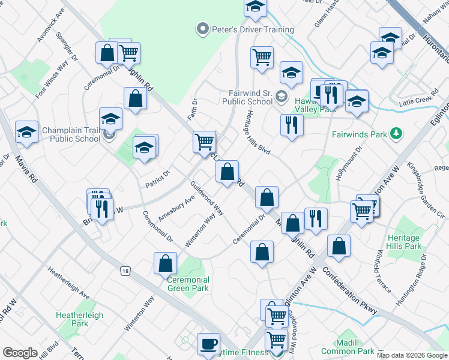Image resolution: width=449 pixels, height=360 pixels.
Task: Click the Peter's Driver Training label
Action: pos(252,29)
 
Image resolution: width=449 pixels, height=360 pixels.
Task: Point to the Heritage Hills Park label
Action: pos(404,242)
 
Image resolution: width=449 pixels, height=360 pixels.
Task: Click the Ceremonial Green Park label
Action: pos(188,284)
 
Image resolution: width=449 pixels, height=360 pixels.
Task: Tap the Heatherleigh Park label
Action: pos(80,319)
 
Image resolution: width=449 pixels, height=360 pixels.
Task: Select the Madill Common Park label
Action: pos(348,346)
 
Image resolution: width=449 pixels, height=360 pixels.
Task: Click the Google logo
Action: pos(20,353)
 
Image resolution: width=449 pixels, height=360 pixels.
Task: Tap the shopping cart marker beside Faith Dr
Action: pos(204,142)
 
